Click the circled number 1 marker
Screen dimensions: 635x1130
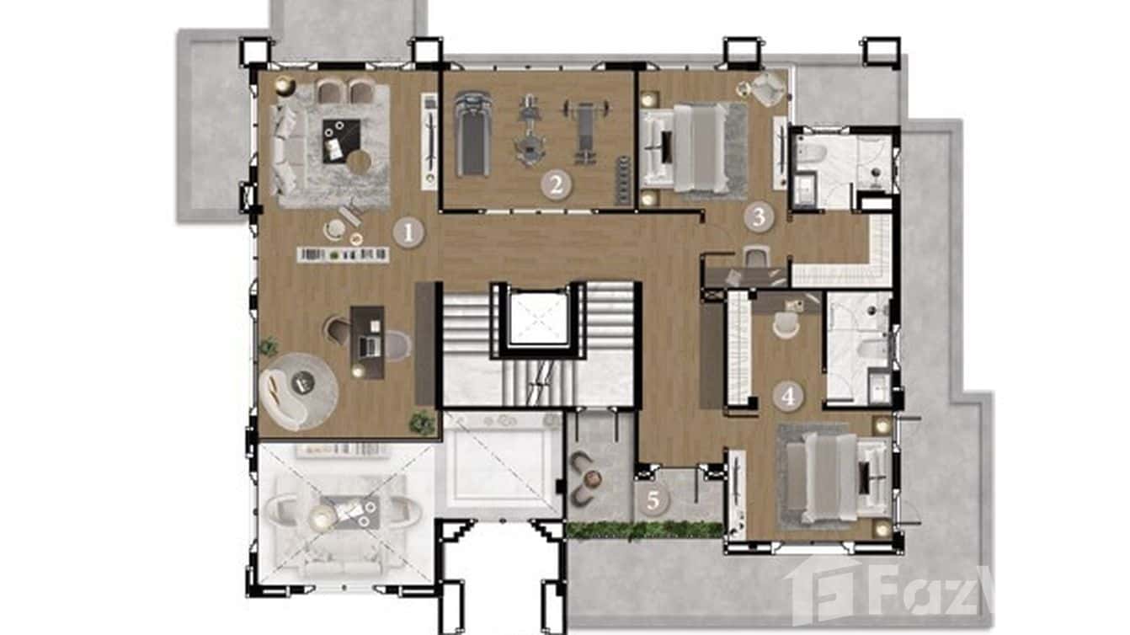pyautogui.click(x=408, y=232)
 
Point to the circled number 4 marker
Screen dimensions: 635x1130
pyautogui.click(x=787, y=395)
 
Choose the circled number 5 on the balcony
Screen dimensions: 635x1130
pyautogui.click(x=653, y=501)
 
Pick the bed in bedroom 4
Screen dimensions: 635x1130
pyautogui.click(x=829, y=477)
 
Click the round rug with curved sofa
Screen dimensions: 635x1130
pyautogui.click(x=298, y=390)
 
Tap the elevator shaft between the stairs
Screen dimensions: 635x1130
pyautogui.click(x=540, y=319)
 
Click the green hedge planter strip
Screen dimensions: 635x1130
pyautogui.click(x=644, y=530)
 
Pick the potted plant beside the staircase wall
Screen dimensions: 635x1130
pyautogui.click(x=422, y=420)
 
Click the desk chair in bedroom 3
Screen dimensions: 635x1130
pyautogui.click(x=756, y=256)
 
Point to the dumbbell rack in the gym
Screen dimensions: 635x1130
pyautogui.click(x=624, y=180)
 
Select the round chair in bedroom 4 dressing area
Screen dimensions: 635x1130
pyautogui.click(x=785, y=324)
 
